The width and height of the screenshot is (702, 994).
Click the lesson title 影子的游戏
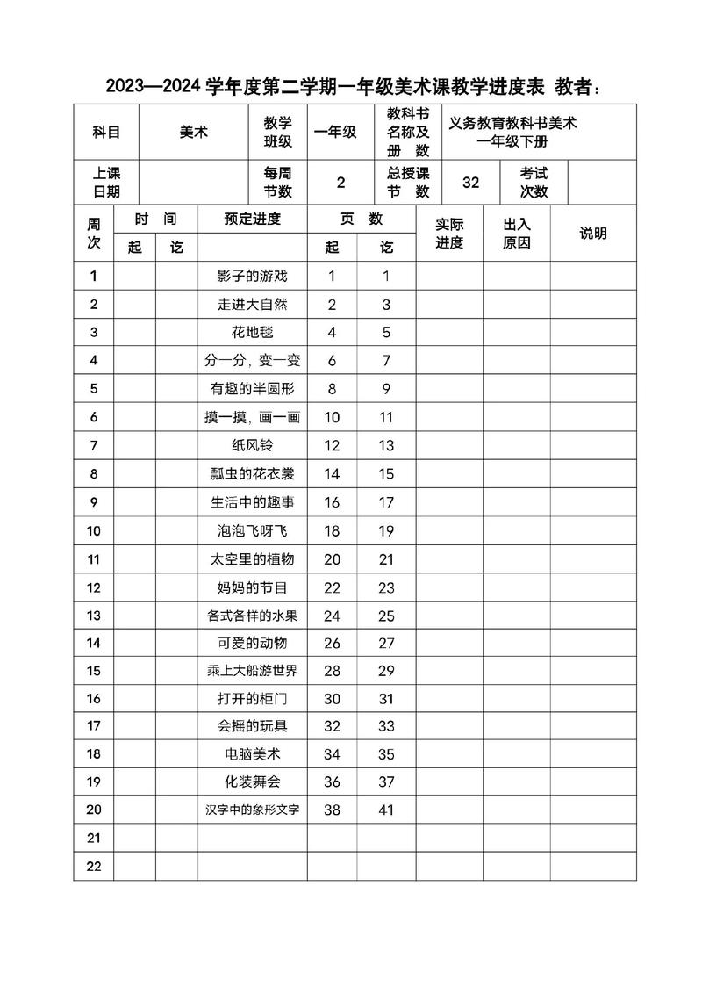click(x=252, y=277)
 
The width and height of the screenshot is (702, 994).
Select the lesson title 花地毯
click(x=252, y=333)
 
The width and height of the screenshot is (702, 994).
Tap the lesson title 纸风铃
click(x=252, y=446)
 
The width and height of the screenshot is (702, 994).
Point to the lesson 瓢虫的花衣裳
click(x=252, y=474)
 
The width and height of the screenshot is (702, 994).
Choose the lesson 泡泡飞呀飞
click(x=252, y=530)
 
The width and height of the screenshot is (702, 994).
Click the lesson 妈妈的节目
click(x=252, y=587)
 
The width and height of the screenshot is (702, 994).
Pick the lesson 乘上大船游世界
click(x=252, y=672)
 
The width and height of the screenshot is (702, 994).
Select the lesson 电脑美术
click(x=252, y=753)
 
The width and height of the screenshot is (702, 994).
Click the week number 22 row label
click(x=94, y=867)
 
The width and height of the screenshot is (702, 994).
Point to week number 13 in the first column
click(x=94, y=616)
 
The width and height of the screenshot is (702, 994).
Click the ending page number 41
click(x=386, y=810)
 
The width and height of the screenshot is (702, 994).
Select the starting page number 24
click(x=332, y=616)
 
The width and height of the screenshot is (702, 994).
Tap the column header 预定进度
click(x=252, y=219)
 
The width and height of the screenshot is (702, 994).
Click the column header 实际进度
click(x=449, y=234)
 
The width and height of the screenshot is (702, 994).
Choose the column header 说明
click(x=593, y=234)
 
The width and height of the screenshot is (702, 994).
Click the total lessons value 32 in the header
click(x=471, y=183)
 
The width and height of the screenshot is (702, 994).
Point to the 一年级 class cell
click(x=336, y=132)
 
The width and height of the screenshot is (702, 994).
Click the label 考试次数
click(x=534, y=183)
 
